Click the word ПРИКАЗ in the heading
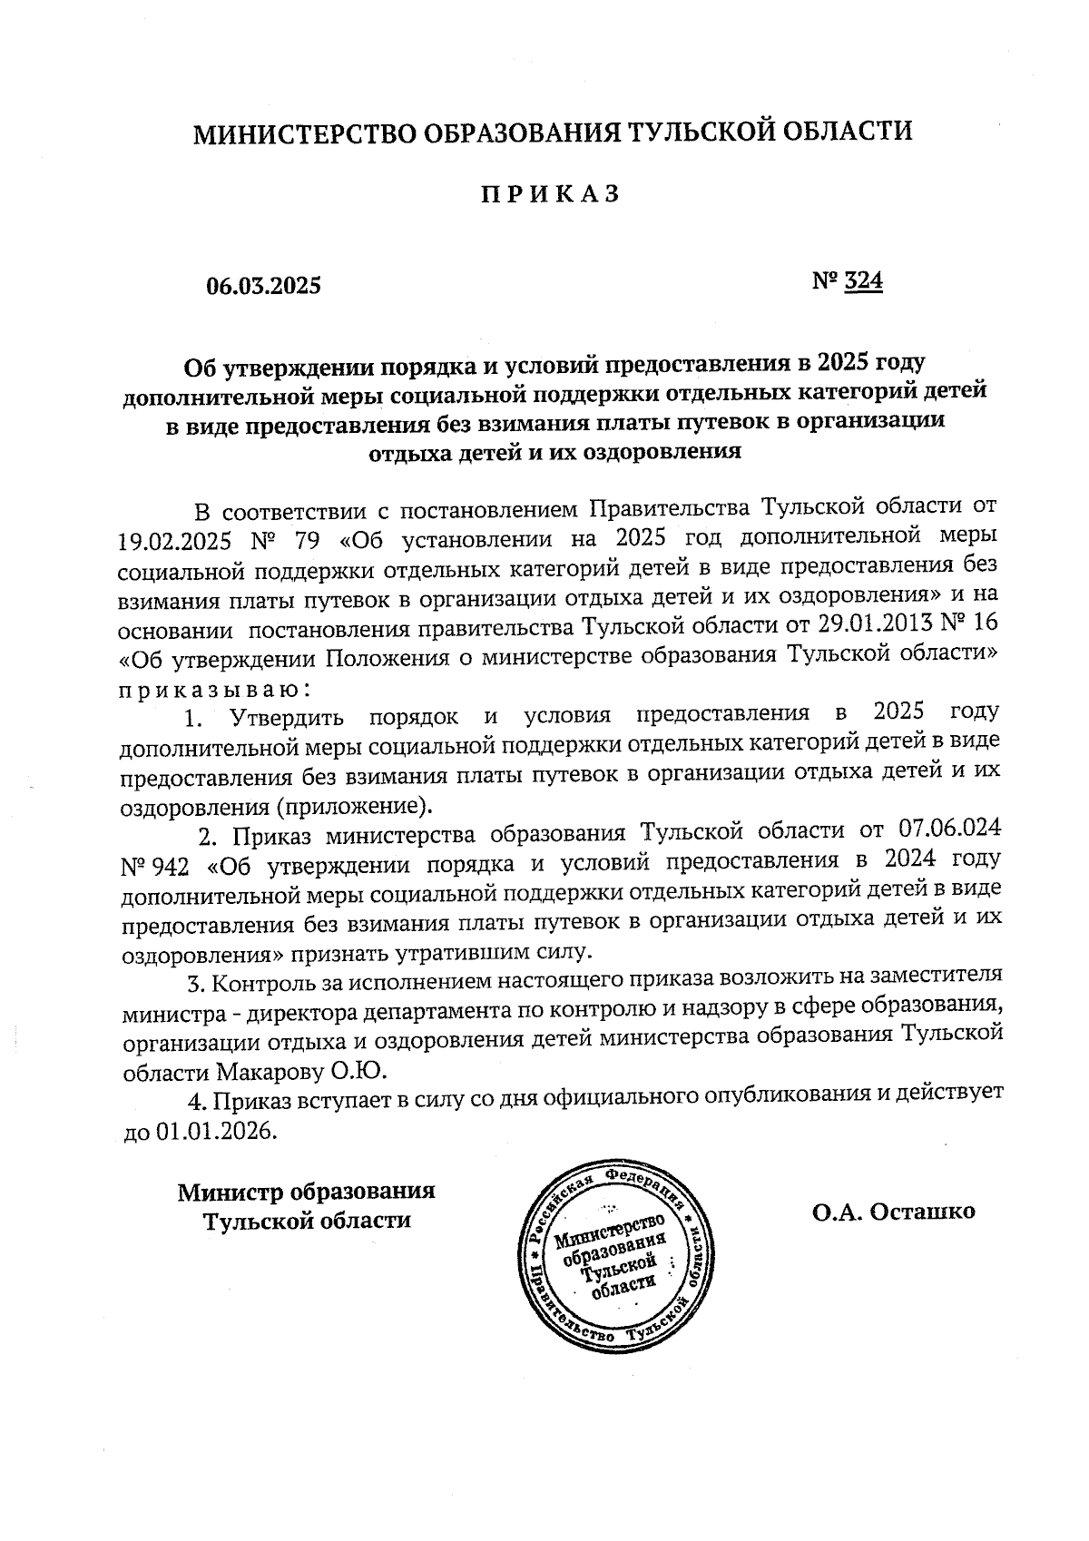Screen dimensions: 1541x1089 [x=550, y=194]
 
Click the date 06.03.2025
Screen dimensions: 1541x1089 [x=264, y=287]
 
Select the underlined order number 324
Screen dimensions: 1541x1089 [x=863, y=281]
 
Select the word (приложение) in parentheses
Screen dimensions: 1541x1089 [x=355, y=806]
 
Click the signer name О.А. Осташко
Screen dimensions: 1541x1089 [x=894, y=1211]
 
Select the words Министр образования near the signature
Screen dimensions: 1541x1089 [x=306, y=1191]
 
